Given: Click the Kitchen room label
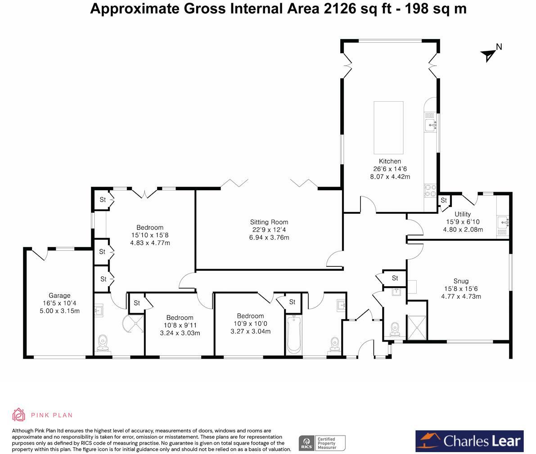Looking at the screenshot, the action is pos(390,161).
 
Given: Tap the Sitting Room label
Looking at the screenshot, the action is pos(269,222).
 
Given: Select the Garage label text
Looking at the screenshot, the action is pos(59,295).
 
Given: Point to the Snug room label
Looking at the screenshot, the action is pos(461,281).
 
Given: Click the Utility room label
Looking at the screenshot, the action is pos(463,214).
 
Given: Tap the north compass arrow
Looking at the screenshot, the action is pos(489,55).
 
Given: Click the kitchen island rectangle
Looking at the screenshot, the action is pos(388,127).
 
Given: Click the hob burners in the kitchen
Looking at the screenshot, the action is pos(430,191).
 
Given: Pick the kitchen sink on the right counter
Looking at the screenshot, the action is pos(431,126).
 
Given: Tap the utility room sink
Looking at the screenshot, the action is pos(503,222).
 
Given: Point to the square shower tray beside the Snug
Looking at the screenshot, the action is pos(417,328).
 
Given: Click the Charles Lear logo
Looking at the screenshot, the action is pos(469,441).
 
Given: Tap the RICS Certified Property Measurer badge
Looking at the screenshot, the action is pos(322,443).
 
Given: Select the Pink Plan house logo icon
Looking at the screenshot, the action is pos(18,415).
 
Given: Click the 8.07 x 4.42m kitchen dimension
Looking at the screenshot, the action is pos(390,177).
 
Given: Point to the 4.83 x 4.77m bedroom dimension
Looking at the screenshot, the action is pos(150,243).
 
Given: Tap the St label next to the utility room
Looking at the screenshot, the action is pos(444,200).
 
